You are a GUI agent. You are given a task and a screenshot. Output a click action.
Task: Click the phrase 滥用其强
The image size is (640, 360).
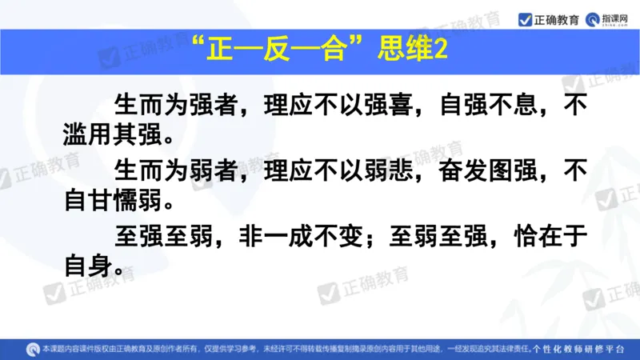(x=115, y=134)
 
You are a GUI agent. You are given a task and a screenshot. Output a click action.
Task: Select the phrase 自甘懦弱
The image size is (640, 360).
(x=115, y=200)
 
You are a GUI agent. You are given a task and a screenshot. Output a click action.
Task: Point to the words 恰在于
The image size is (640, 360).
(x=550, y=237)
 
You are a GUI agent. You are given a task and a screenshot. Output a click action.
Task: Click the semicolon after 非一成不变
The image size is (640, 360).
(x=374, y=238)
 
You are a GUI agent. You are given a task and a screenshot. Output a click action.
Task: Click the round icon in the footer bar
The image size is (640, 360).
(x=33, y=348)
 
